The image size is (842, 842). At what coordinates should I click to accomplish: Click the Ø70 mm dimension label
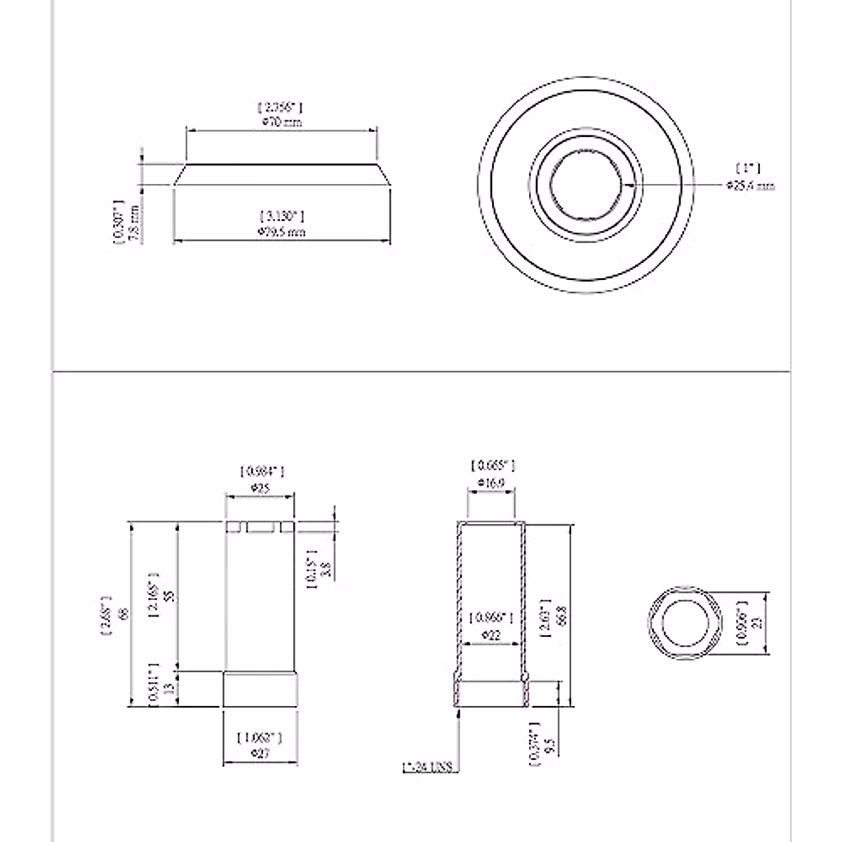coord(281,122)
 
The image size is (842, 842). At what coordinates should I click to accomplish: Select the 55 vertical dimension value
coord(167,596)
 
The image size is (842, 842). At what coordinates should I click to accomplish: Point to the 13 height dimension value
coord(167,689)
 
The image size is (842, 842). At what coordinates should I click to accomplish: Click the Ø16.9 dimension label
coord(492,483)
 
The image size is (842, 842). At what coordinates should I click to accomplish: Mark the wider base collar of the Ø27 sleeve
coord(260,689)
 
